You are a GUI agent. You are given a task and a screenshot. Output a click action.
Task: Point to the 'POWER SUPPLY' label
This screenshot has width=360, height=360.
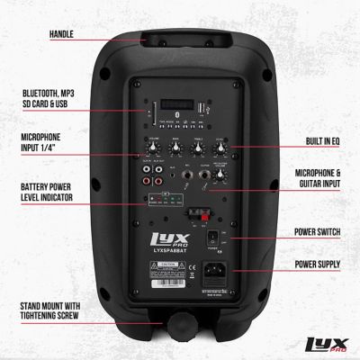coord(321,265)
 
